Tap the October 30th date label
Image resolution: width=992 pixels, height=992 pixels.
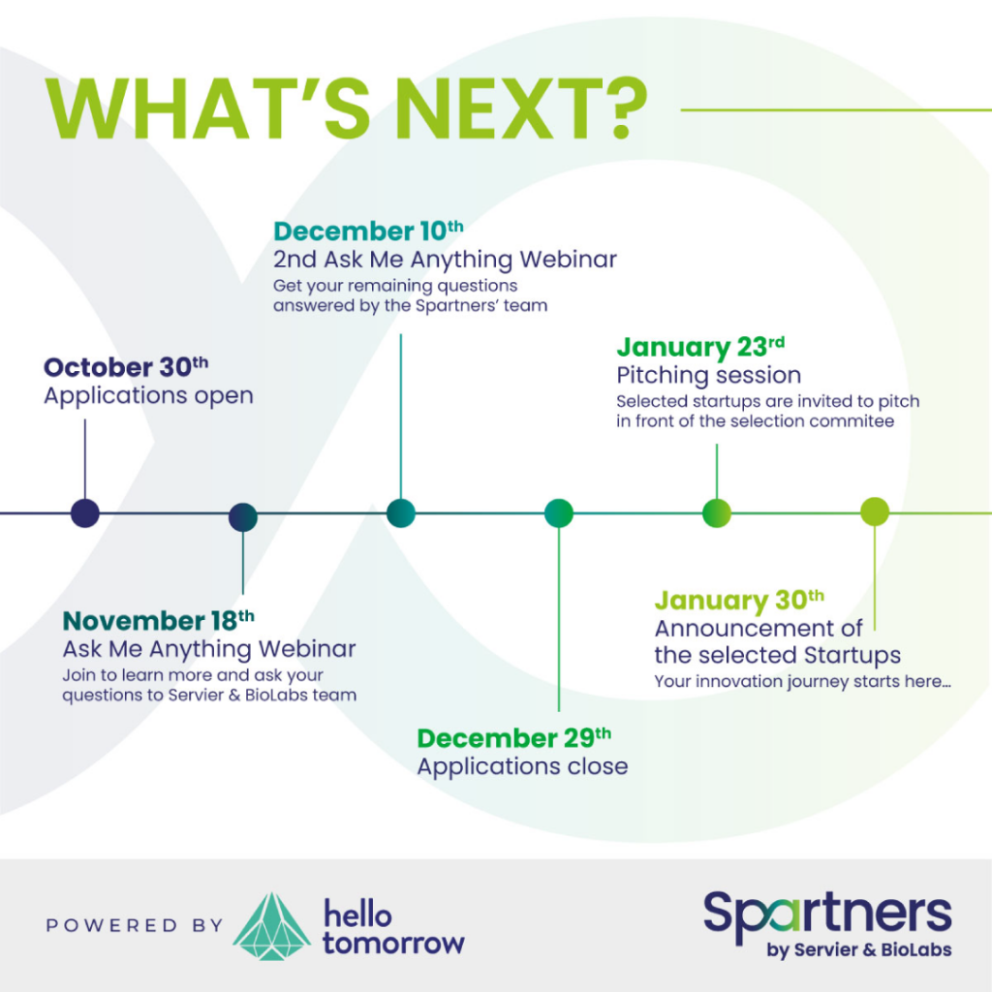click(x=126, y=367)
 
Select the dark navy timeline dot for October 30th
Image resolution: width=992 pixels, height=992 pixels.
click(x=85, y=512)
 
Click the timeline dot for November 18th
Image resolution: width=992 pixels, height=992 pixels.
click(x=243, y=517)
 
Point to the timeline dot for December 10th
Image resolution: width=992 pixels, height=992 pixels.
click(x=401, y=512)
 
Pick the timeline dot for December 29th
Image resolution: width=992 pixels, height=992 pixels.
click(x=559, y=512)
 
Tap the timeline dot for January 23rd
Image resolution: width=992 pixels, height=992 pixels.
click(x=717, y=511)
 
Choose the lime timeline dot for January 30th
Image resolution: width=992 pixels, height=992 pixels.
click(x=875, y=511)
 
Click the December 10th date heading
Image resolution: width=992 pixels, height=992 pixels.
click(x=368, y=231)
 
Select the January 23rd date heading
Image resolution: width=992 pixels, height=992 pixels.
click(x=701, y=348)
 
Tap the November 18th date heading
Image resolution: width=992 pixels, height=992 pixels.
click(x=158, y=621)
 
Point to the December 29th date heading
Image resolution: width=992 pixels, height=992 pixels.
click(x=513, y=738)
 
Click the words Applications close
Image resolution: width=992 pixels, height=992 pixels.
click(x=522, y=766)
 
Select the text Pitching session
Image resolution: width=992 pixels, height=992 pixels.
click(x=708, y=375)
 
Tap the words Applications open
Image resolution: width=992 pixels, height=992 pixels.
click(x=148, y=396)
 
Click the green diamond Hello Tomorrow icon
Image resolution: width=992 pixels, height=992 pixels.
click(x=272, y=926)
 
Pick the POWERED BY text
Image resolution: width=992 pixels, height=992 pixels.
click(x=135, y=925)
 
